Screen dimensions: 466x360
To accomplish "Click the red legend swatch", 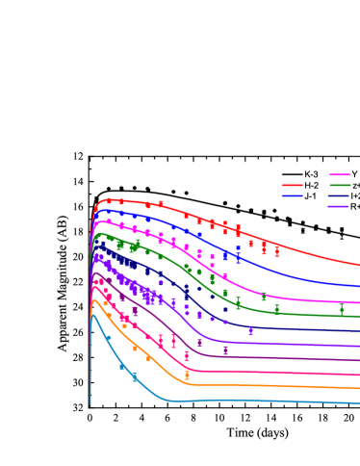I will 292,185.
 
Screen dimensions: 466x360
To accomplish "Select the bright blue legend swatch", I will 292,195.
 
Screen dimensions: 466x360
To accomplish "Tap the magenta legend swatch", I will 339,175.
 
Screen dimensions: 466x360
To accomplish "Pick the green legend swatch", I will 339,185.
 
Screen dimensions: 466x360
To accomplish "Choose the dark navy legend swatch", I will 339,195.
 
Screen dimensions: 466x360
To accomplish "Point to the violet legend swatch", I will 339,206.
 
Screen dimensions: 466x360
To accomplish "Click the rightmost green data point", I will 341,309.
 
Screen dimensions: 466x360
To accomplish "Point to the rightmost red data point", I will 277,252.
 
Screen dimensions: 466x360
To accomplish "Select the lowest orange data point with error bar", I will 187,375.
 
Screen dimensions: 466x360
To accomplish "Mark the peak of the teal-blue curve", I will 93,316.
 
